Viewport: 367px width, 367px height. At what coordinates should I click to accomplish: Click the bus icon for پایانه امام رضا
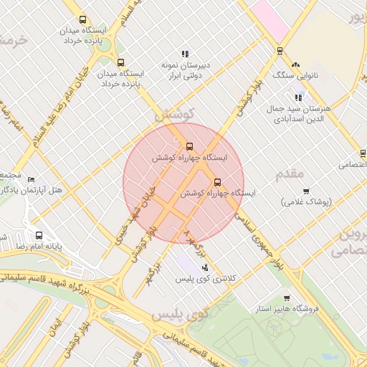(39, 235)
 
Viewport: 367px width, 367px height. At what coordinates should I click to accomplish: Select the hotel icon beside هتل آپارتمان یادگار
(31, 179)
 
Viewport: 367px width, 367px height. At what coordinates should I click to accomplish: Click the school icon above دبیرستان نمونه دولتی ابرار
(185, 54)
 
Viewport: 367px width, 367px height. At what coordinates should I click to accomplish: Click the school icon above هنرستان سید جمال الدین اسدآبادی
(298, 97)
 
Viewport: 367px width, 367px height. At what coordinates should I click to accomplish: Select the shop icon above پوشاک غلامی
(307, 191)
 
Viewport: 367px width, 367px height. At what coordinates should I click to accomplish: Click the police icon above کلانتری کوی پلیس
(206, 267)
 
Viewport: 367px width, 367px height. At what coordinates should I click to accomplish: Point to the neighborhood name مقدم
(290, 173)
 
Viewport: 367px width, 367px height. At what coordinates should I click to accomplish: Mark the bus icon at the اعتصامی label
(363, 153)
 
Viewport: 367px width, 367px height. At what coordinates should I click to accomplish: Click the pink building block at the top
(270, 18)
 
